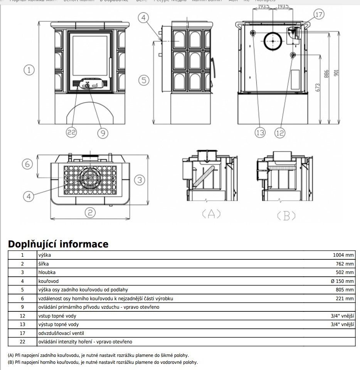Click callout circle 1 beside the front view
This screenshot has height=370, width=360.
29,70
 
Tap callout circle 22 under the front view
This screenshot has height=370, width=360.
71,133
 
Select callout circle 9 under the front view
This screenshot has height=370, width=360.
102,133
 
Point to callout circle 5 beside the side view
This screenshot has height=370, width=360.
144,80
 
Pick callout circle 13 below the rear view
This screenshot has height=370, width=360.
260,133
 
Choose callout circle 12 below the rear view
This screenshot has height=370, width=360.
280,133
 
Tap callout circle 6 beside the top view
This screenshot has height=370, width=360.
27,164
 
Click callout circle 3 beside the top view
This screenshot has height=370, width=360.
140,180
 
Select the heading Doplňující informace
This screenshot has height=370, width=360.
58,244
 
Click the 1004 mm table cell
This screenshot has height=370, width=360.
343,255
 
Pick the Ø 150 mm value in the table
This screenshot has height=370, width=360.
342,281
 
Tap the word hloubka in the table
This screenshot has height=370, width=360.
47,272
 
